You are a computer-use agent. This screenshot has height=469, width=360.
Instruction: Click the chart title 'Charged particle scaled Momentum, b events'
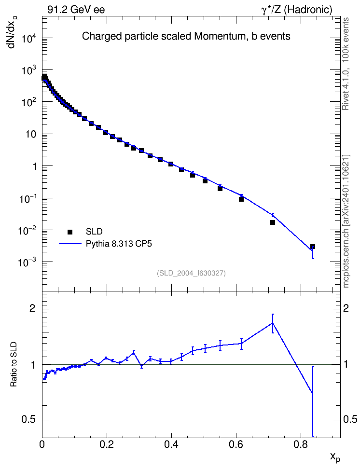coord(186,36)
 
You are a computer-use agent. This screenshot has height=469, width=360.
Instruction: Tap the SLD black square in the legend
coord(70,232)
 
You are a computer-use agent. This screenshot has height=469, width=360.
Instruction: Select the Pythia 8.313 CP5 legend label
coord(119,244)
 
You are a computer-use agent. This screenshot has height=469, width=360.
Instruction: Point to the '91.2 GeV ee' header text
coord(76,10)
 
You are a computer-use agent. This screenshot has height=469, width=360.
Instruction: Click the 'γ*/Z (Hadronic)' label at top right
coord(297,10)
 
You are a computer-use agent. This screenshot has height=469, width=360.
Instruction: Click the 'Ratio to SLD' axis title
coord(14,364)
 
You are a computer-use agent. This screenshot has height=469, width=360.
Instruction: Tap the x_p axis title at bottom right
coord(335,457)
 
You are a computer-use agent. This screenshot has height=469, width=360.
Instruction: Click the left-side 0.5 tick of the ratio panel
coord(28,419)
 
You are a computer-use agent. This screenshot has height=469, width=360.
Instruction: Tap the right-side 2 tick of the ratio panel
coord(346,308)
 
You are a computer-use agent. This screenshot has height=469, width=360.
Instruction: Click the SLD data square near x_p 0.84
coord(312,247)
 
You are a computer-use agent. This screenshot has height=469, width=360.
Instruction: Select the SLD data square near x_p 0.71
coord(273,222)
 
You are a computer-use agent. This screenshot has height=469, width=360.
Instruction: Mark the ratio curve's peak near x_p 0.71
coord(273,323)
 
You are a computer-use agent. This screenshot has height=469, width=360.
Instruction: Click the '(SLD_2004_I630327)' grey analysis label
coord(191,273)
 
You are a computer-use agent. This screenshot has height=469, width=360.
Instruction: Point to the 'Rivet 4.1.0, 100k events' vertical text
coord(346,64)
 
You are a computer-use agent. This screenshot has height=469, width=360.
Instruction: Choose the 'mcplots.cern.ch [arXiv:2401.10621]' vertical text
coord(346,221)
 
